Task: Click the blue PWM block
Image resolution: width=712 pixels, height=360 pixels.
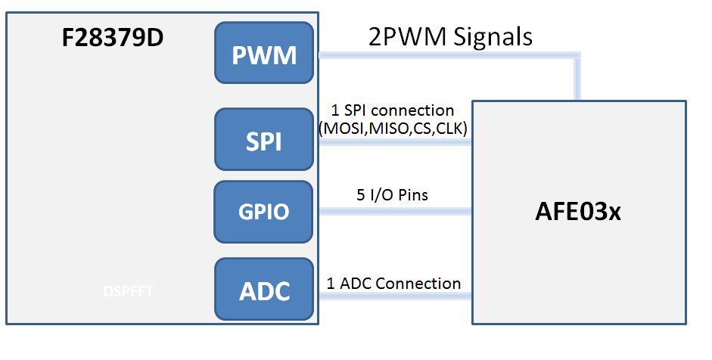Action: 264,53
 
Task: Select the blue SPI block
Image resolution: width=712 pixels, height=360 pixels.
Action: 264,140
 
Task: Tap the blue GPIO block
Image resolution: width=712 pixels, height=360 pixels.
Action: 264,211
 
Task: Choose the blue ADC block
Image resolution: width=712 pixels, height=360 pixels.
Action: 264,289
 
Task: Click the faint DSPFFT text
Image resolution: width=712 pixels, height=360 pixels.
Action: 129,291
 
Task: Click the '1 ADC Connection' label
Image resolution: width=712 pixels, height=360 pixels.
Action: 393,284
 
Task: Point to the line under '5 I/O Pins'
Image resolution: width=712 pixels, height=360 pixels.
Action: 393,213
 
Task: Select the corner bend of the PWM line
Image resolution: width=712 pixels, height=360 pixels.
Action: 579,56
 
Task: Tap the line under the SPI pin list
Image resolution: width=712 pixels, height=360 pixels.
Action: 393,141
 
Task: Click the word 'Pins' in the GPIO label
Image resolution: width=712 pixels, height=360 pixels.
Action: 412,195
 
